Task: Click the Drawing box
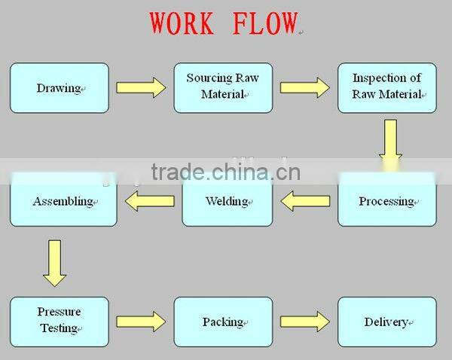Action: tap(59, 88)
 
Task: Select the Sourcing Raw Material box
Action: tap(223, 87)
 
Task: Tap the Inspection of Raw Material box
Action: tap(386, 87)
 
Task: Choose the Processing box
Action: tap(386, 201)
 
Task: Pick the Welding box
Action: tap(227, 201)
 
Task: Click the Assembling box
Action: tap(63, 202)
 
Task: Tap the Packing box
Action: tap(223, 322)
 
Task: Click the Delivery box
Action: tap(386, 322)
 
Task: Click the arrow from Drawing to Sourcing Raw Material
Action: tap(141, 87)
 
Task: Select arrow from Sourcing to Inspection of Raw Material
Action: tap(304, 87)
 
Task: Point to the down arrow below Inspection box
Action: tap(390, 139)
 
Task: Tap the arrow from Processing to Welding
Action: tap(305, 200)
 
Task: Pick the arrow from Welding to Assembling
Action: tap(149, 200)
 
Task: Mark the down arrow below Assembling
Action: tap(54, 263)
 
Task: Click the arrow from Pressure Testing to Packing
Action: tap(141, 322)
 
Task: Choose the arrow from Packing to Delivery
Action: tap(304, 322)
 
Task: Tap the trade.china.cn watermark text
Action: tap(225, 172)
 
